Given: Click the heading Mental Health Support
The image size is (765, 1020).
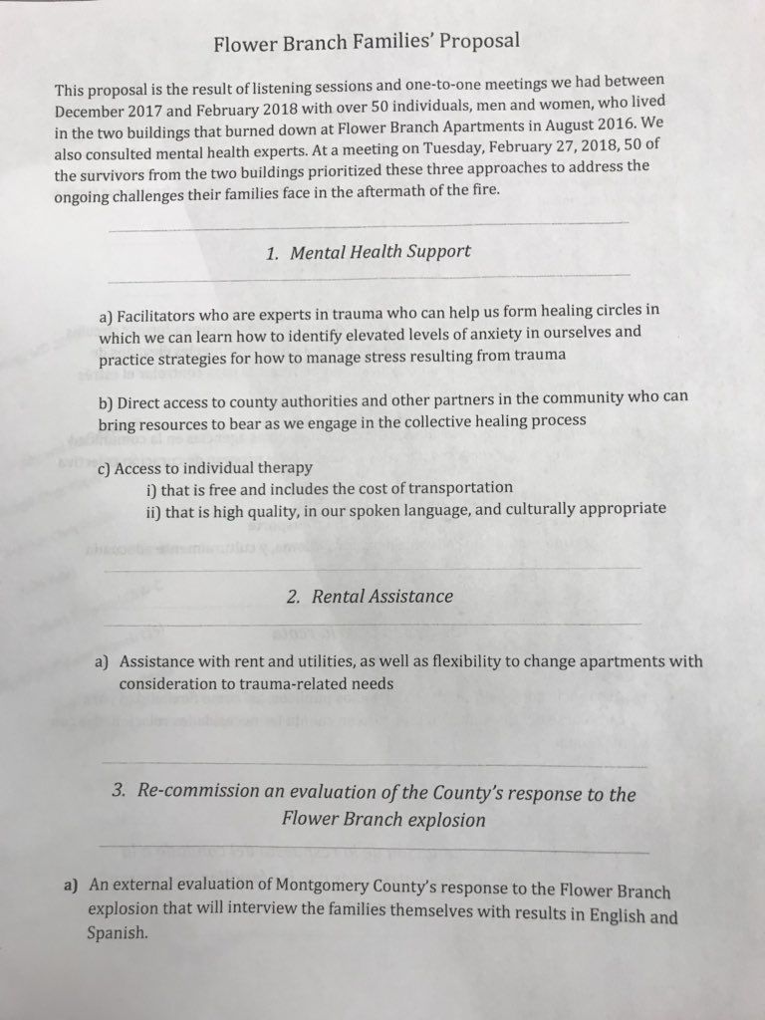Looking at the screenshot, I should pyautogui.click(x=380, y=252).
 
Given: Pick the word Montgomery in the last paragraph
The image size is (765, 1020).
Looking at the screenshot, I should pyautogui.click(x=282, y=890).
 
